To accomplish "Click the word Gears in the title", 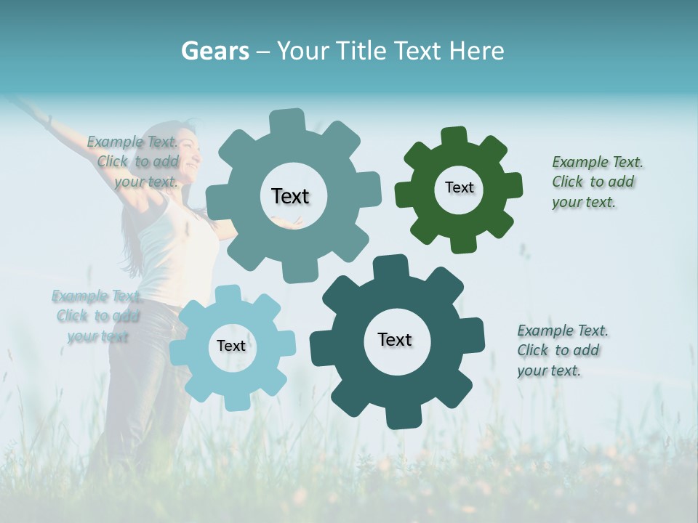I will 214,51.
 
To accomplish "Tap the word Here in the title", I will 477,51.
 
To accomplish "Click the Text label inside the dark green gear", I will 459,187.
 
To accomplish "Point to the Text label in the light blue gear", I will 231,346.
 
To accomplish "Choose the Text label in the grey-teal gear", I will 290,196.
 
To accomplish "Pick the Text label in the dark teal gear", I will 395,339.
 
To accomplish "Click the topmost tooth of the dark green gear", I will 454,136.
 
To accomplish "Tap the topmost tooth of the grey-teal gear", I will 287,120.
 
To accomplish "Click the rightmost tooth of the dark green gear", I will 514,187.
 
